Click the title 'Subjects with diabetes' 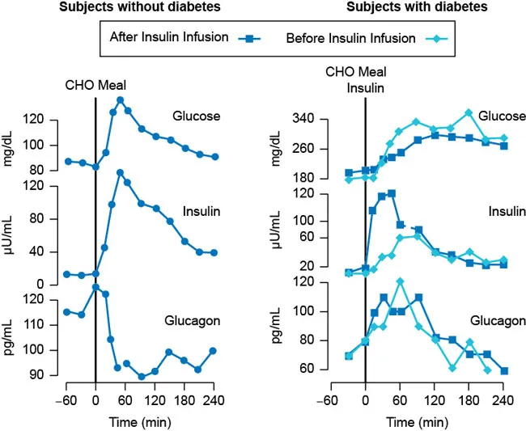click(417, 7)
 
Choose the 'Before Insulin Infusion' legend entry click(353, 37)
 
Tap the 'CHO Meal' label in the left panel click(96, 84)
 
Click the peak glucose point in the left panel click(120, 100)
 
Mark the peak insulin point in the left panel click(120, 172)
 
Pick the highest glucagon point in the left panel click(95, 287)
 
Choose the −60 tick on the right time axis click(327, 399)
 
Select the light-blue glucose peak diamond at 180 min click(468, 113)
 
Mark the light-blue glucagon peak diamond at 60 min click(400, 281)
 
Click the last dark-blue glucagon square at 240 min click(503, 371)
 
